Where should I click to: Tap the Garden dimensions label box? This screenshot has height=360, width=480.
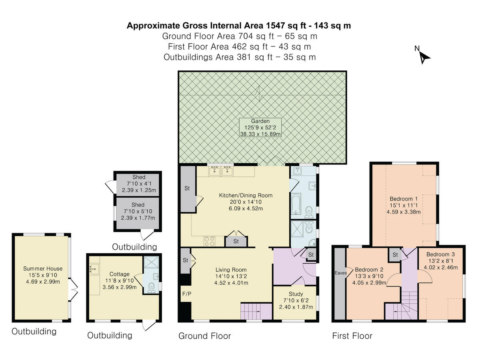pyautogui.click(x=260, y=128)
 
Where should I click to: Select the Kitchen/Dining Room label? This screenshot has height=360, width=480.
pyautogui.click(x=246, y=202)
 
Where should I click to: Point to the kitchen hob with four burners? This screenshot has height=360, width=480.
pyautogui.click(x=210, y=241)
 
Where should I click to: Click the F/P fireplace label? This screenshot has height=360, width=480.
pyautogui.click(x=186, y=294)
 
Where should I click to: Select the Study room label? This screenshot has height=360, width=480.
pyautogui.click(x=296, y=300)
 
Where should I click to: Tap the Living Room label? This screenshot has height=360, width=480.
pyautogui.click(x=231, y=276)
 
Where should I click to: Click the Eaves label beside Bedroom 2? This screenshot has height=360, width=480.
pyautogui.click(x=341, y=273)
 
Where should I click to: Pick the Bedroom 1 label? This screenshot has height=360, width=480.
pyautogui.click(x=404, y=205)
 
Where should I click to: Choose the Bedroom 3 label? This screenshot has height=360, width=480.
pyautogui.click(x=441, y=261)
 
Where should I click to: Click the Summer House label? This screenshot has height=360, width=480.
pyautogui.click(x=43, y=275)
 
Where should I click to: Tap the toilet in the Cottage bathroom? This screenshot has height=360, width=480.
pyautogui.click(x=151, y=288)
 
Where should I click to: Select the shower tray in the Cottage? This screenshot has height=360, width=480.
pyautogui.click(x=151, y=262)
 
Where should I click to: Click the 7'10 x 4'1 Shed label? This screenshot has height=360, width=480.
pyautogui.click(x=139, y=183)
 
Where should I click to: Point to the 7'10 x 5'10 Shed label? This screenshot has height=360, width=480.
pyautogui.click(x=138, y=211)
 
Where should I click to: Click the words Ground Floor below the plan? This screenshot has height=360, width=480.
pyautogui.click(x=205, y=336)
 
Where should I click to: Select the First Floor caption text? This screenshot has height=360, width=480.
pyautogui.click(x=352, y=336)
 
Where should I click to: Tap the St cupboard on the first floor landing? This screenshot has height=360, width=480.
pyautogui.click(x=395, y=255)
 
